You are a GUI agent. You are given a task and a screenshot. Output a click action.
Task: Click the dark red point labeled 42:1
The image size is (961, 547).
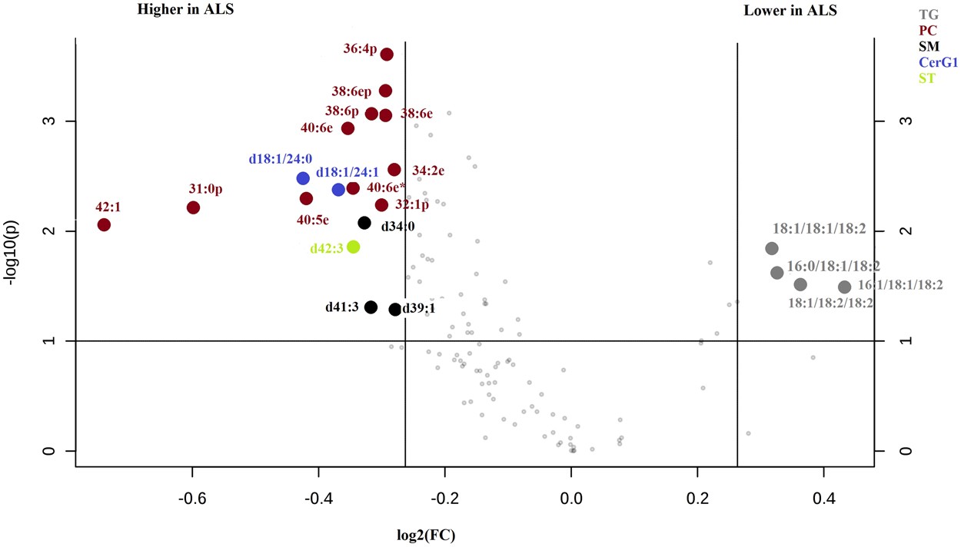[104, 224]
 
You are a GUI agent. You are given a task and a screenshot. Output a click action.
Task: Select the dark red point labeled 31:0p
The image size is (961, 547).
[193, 207]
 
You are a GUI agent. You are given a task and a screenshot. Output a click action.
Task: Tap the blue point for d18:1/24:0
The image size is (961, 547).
[303, 178]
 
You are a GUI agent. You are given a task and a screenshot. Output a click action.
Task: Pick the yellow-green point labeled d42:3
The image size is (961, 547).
[353, 247]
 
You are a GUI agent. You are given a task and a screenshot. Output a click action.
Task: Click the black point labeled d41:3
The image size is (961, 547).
[371, 307]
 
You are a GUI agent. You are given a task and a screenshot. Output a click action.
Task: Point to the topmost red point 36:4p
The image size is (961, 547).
[387, 54]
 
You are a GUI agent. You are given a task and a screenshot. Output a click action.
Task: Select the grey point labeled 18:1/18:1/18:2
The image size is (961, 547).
[772, 248]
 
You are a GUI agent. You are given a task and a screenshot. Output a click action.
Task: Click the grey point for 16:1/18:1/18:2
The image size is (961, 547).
[844, 287]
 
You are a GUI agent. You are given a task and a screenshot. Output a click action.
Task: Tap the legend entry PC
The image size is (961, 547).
[928, 30]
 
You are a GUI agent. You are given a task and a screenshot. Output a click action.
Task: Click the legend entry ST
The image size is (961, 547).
[926, 78]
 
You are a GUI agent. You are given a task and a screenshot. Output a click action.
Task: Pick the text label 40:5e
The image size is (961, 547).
[312, 220]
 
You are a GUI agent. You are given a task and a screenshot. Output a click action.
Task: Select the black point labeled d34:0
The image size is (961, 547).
[364, 223]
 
